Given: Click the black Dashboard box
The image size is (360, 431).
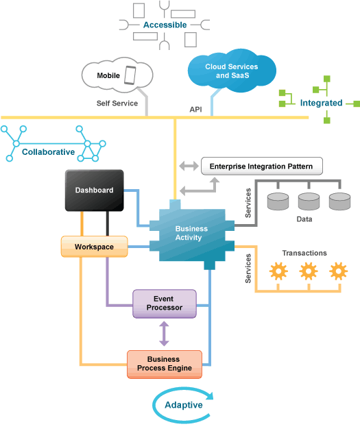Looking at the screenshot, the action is (x=95, y=190).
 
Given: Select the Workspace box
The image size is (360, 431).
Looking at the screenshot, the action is (x=95, y=247).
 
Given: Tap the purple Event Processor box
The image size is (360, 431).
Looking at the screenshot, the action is (x=165, y=304).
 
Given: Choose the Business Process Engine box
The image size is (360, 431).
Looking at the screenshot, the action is (x=165, y=365).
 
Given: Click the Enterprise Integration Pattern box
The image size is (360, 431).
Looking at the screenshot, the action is (x=262, y=166).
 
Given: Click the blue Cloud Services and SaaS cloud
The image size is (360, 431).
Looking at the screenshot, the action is (x=232, y=71).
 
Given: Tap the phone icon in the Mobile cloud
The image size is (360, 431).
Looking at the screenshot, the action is (x=130, y=75).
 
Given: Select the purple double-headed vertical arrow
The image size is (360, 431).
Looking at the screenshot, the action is (x=164, y=334).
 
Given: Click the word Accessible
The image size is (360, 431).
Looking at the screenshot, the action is (x=165, y=25).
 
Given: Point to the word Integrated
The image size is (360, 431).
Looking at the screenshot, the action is (x=321, y=103).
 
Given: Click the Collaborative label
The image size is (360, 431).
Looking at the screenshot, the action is (x=49, y=151).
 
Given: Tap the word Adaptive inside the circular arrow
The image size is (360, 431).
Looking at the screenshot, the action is (x=184, y=405).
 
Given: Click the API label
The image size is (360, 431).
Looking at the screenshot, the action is (x=196, y=110).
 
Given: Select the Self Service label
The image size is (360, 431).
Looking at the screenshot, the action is (x=117, y=103).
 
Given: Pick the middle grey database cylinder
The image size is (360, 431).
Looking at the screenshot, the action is (x=309, y=201).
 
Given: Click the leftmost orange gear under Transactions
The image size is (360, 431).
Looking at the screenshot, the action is (x=278, y=271).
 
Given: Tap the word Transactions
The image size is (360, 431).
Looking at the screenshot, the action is (x=304, y=253).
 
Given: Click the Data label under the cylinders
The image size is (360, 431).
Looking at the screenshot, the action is (x=304, y=219).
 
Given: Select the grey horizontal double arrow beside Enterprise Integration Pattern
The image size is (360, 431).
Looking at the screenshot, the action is (x=189, y=166).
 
